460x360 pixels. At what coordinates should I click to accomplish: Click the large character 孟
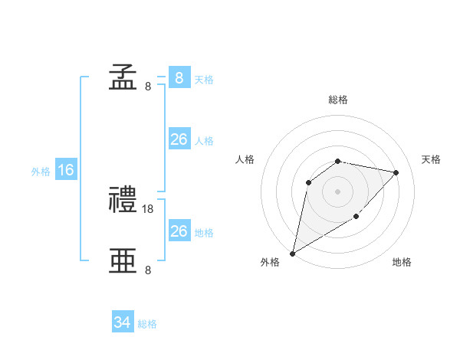click(122, 77)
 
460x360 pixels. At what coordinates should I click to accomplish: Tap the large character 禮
click(122, 201)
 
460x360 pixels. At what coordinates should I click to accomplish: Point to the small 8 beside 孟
click(148, 87)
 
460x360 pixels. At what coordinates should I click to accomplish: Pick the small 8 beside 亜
click(148, 270)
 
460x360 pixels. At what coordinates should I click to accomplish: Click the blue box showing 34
click(123, 322)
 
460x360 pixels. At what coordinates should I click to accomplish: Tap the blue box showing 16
click(66, 170)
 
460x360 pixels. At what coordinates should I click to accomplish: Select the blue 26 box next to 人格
click(179, 139)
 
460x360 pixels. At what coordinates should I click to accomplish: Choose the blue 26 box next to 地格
click(179, 231)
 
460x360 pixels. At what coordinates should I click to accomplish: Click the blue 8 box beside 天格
click(179, 77)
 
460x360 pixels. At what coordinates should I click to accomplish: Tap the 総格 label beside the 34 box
click(147, 324)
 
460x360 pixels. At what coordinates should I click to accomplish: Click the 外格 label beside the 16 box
click(41, 172)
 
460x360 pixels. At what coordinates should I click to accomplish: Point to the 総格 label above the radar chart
click(338, 100)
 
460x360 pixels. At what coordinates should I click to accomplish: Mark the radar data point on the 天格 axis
click(396, 172)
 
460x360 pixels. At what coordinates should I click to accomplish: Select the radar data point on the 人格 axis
click(309, 182)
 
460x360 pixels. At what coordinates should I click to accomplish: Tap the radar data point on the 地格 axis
click(356, 216)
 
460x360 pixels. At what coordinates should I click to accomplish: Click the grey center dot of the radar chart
click(338, 191)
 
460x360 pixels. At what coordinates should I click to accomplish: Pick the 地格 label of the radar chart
click(402, 263)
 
